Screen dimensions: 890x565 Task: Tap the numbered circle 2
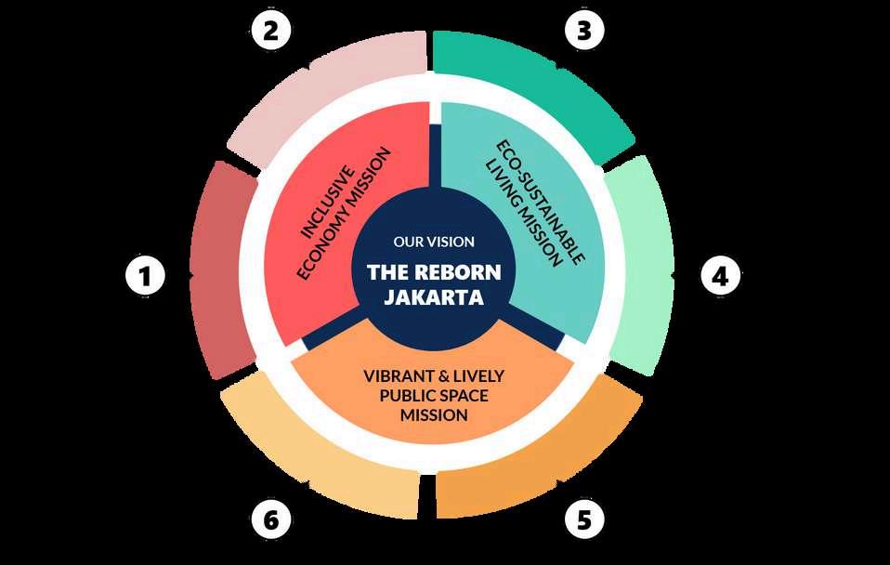(x=270, y=32)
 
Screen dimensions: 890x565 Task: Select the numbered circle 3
(x=583, y=32)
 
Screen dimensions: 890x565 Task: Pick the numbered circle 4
(x=720, y=276)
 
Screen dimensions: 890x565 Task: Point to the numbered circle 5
(x=583, y=519)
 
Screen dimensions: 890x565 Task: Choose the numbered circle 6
(x=270, y=519)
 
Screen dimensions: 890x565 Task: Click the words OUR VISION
(x=434, y=242)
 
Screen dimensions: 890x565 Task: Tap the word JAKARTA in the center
(x=434, y=298)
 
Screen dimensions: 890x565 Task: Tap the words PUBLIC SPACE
(x=434, y=396)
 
